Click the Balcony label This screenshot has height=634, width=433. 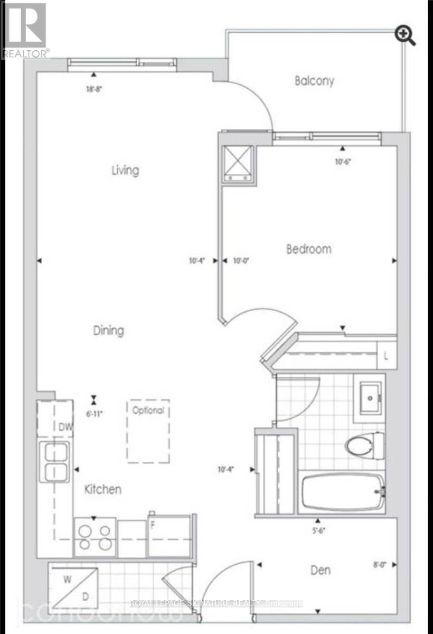(314, 81)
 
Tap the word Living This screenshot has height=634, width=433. (125, 170)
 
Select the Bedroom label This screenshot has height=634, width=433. (309, 249)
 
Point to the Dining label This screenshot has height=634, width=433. (108, 331)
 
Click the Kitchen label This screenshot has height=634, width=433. (103, 489)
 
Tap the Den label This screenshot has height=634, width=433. (321, 570)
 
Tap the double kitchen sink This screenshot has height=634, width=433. (54, 462)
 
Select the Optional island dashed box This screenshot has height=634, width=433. (148, 431)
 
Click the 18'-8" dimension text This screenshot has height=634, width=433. (93, 89)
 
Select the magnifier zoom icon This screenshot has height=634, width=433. (406, 36)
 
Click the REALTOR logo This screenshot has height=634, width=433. (25, 30)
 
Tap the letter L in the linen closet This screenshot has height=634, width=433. (386, 357)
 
